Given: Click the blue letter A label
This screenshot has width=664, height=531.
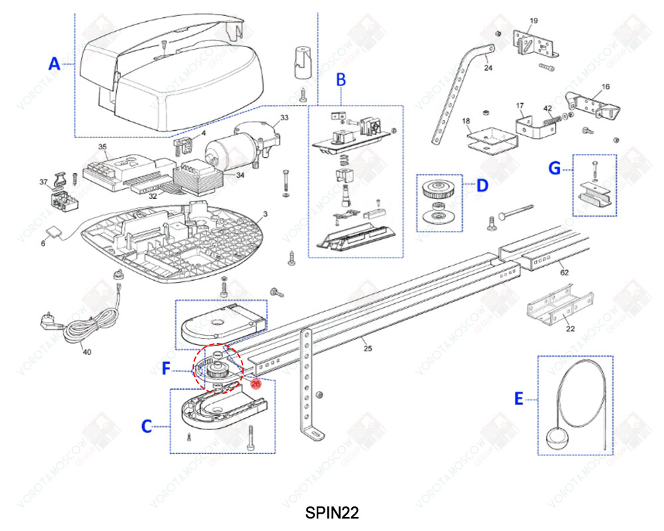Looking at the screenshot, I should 54,64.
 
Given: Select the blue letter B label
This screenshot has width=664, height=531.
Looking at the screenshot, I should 341,80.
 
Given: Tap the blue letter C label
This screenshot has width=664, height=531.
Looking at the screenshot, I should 148,426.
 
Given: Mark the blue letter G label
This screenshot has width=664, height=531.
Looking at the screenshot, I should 554,169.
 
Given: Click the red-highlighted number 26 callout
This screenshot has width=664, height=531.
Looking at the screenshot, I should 256,383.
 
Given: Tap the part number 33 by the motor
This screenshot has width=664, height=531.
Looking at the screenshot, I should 284,117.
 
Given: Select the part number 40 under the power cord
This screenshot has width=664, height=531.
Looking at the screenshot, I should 86,352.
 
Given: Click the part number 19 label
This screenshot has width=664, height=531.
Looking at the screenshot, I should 534,22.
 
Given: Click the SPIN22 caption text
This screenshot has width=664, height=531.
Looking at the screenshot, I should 332,512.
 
